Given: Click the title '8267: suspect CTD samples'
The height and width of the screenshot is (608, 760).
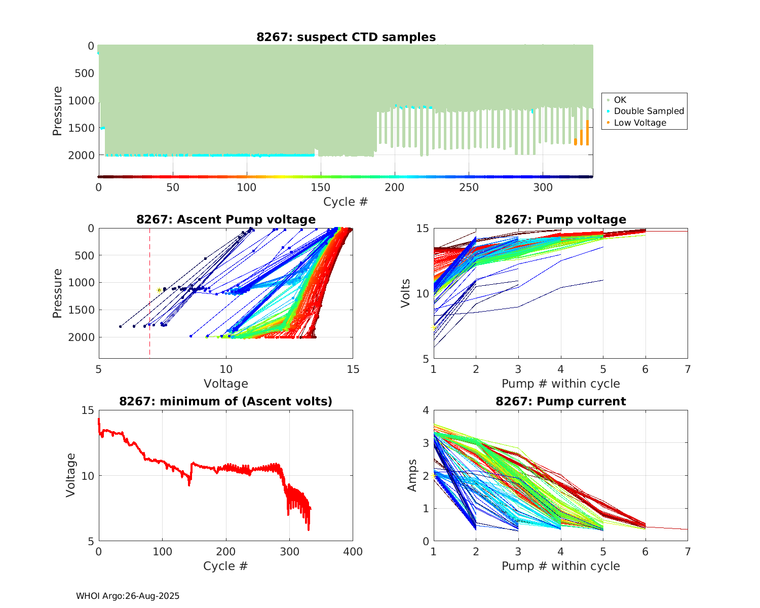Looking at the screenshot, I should [346, 37].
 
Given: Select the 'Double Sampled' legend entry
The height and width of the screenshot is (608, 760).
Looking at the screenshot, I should [649, 111].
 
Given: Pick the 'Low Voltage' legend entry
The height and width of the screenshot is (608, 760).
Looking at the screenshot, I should [640, 123].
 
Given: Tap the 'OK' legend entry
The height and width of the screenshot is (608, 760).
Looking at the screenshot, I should [620, 100].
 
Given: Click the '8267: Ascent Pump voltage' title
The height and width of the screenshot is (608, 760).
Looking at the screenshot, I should [226, 219].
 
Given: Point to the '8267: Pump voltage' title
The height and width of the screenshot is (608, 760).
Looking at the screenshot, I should [560, 219].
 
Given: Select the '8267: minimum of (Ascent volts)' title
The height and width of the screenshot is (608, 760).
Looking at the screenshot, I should [226, 401].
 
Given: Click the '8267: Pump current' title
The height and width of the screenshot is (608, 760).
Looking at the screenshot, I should [560, 401].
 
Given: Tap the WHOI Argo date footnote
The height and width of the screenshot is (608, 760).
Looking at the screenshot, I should [128, 596].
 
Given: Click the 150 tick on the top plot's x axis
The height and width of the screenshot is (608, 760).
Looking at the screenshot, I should [321, 187].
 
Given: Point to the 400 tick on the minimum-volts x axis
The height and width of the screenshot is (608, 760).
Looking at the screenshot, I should [353, 551].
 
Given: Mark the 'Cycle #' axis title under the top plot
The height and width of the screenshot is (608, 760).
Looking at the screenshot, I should [346, 202].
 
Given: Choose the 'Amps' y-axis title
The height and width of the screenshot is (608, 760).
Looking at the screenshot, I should [412, 475].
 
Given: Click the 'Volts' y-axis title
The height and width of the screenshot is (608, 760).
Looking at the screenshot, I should [405, 293].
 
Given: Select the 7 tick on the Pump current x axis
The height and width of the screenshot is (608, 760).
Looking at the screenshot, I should [688, 551].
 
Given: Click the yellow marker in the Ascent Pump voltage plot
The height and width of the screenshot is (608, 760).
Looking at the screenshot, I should [159, 290].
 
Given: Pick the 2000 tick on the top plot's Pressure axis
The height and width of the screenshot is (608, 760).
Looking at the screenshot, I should [81, 155].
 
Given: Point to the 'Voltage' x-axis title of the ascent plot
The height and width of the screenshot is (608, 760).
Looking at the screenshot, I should [226, 384].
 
